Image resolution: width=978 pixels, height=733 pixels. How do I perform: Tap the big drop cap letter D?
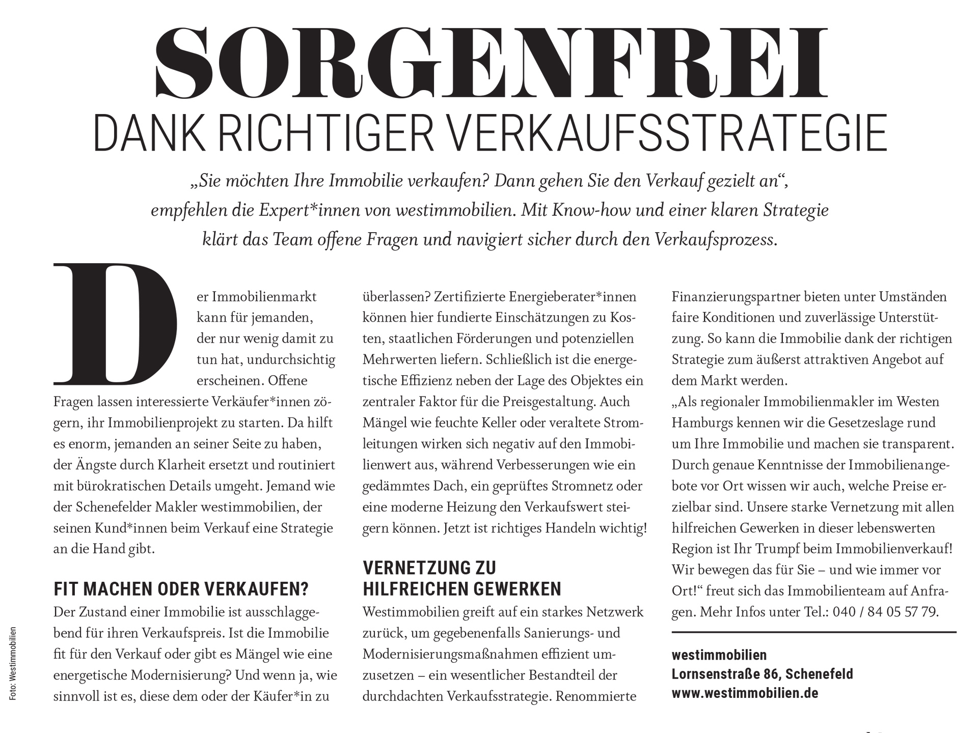[115, 324]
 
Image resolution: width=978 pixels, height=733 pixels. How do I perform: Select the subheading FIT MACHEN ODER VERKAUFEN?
[181, 589]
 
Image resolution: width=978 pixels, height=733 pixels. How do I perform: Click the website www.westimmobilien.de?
[745, 693]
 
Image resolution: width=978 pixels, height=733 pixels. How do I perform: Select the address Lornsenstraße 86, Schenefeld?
[762, 674]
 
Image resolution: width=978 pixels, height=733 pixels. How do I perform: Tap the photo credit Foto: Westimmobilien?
[13, 664]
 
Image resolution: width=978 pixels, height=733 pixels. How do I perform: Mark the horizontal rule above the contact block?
[813, 632]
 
